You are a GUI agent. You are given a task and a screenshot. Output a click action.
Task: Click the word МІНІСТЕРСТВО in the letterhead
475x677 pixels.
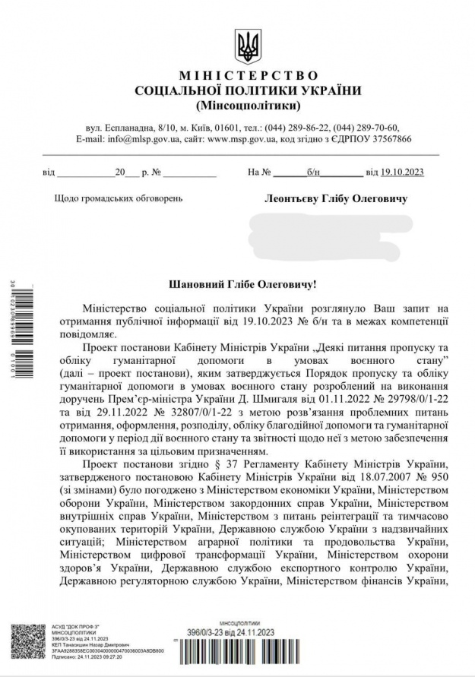click(x=249, y=76)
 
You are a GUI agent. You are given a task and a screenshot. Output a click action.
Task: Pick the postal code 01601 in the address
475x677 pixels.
click(x=224, y=128)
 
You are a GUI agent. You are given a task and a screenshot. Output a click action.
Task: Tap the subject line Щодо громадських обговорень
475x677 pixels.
click(x=119, y=199)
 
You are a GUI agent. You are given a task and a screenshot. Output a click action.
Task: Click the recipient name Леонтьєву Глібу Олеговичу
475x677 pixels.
click(x=335, y=199)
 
